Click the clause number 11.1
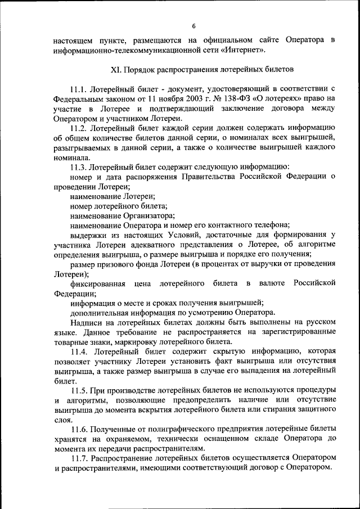[79, 89]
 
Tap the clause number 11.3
[79, 167]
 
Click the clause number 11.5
[80, 390]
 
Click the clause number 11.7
[79, 458]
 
